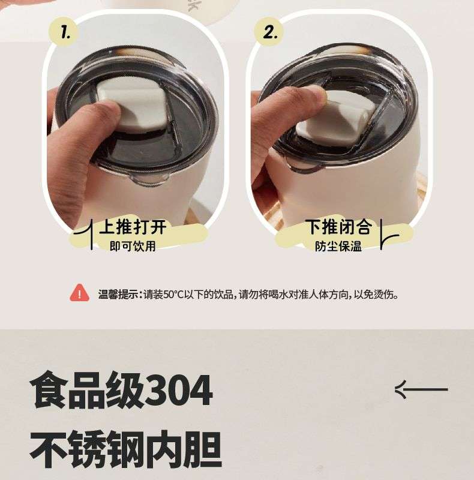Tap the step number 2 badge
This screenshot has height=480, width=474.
tap(269, 32)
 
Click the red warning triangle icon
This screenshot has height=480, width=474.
tap(80, 293)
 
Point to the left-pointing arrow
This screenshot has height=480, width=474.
tap(421, 389)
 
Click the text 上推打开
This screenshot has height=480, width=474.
tap(133, 227)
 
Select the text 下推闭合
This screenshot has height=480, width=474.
tap(339, 227)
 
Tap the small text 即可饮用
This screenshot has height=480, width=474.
tap(133, 246)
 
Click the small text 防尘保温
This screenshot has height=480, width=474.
tap(338, 246)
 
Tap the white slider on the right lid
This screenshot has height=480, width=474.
tap(336, 116)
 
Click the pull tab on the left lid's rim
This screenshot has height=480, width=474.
tap(150, 179)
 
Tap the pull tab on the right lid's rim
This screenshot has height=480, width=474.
tap(306, 167)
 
